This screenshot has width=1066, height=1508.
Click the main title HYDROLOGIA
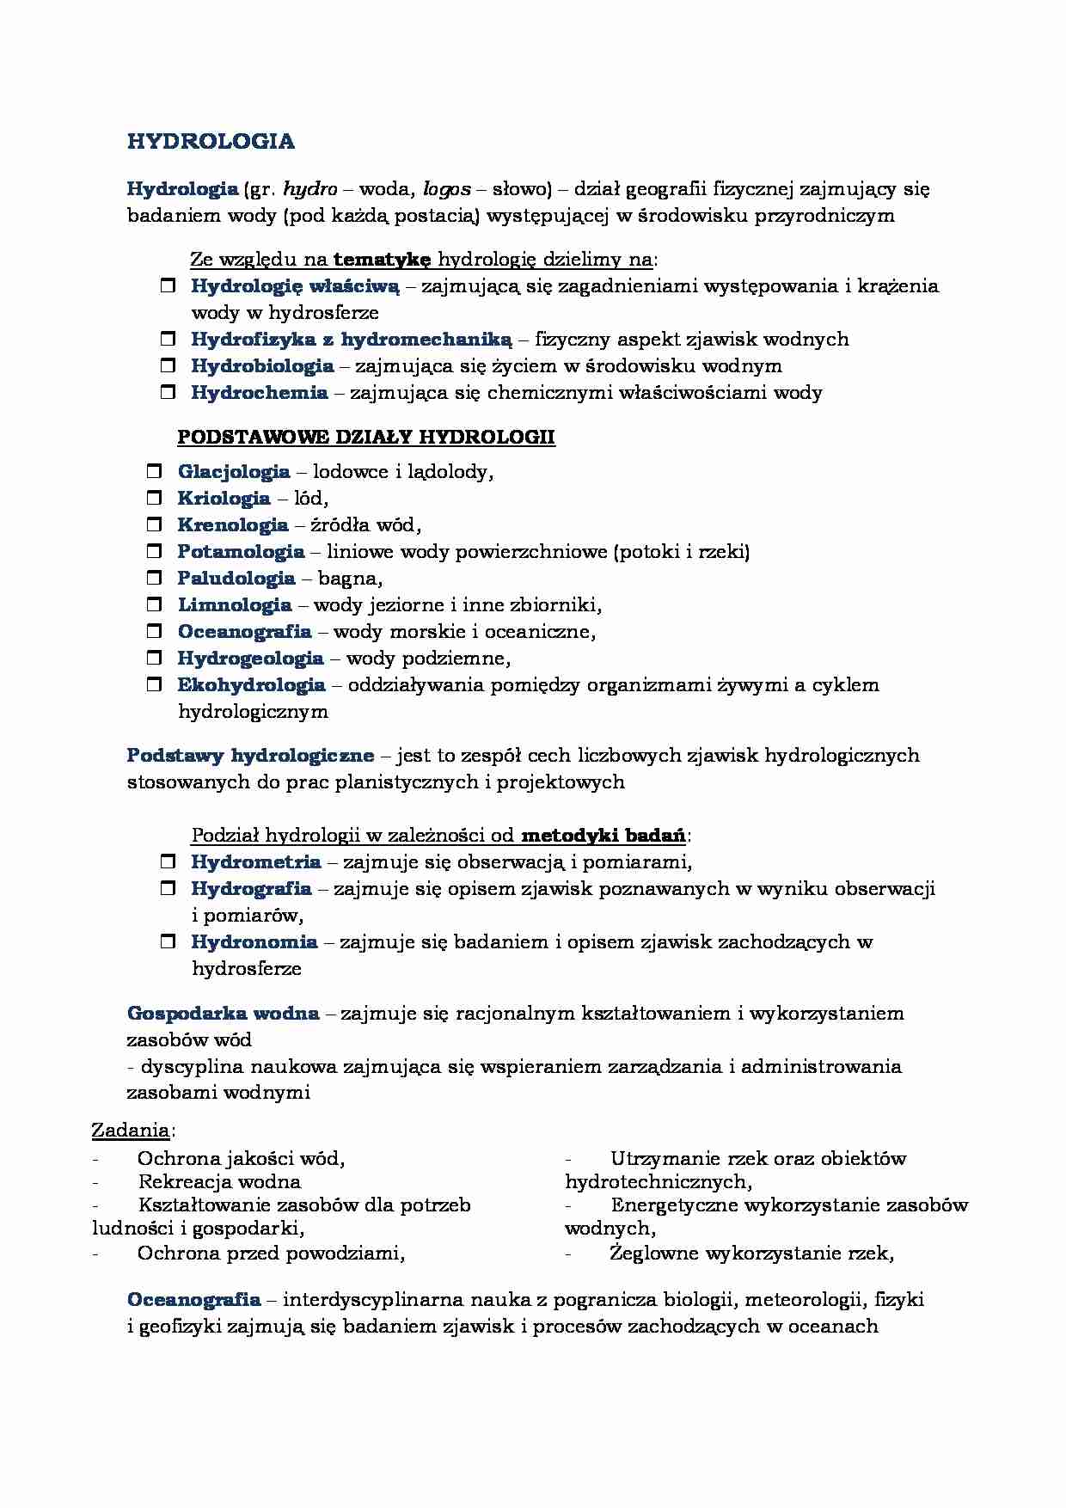211,142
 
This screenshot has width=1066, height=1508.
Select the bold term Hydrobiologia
262,365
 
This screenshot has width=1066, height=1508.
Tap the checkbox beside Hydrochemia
168,393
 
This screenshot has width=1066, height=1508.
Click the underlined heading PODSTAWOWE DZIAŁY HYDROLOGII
365,437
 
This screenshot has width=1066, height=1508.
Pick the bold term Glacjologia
233,471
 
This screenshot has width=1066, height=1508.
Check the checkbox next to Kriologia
154,498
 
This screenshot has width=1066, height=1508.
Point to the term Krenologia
232,524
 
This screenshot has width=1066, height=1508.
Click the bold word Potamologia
241,551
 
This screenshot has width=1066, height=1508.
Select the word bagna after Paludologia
348,579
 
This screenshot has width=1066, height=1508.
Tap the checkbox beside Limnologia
154,605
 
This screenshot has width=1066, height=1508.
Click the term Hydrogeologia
250,659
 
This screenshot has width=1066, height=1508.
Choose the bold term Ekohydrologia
251,685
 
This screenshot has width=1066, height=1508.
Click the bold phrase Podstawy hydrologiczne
250,755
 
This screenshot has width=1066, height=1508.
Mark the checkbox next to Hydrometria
168,861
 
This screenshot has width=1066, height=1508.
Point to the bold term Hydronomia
254,941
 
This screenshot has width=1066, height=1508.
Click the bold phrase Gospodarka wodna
223,1013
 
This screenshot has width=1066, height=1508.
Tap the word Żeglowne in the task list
653,1253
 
